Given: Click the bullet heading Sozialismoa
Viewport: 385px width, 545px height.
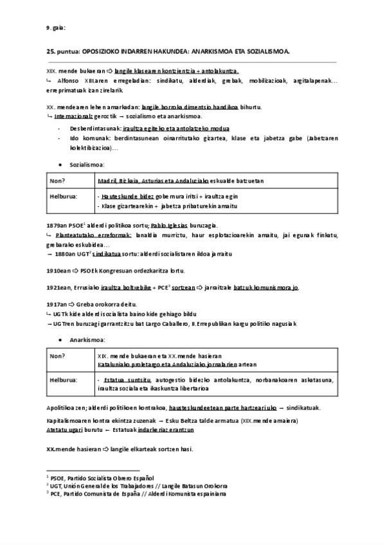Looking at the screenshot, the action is (x=87, y=165).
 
